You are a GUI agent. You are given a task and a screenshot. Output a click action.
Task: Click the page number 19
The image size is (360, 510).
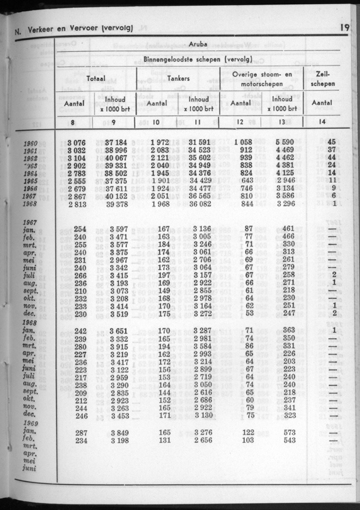coord(345,28)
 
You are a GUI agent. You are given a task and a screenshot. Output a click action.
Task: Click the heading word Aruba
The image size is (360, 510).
coord(198,44)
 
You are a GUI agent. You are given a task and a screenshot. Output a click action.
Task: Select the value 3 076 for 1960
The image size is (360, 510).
coord(77,142)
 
